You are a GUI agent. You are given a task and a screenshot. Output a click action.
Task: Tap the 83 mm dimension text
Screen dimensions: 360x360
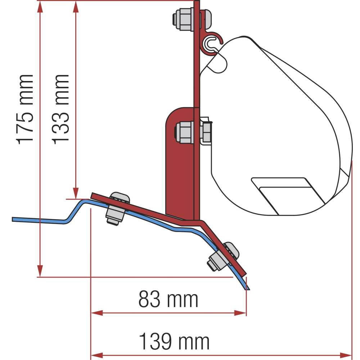click(168, 300)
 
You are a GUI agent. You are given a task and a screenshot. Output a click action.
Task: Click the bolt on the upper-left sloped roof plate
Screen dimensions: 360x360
click(117, 209)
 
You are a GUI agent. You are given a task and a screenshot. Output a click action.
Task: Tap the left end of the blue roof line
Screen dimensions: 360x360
click(13, 219)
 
